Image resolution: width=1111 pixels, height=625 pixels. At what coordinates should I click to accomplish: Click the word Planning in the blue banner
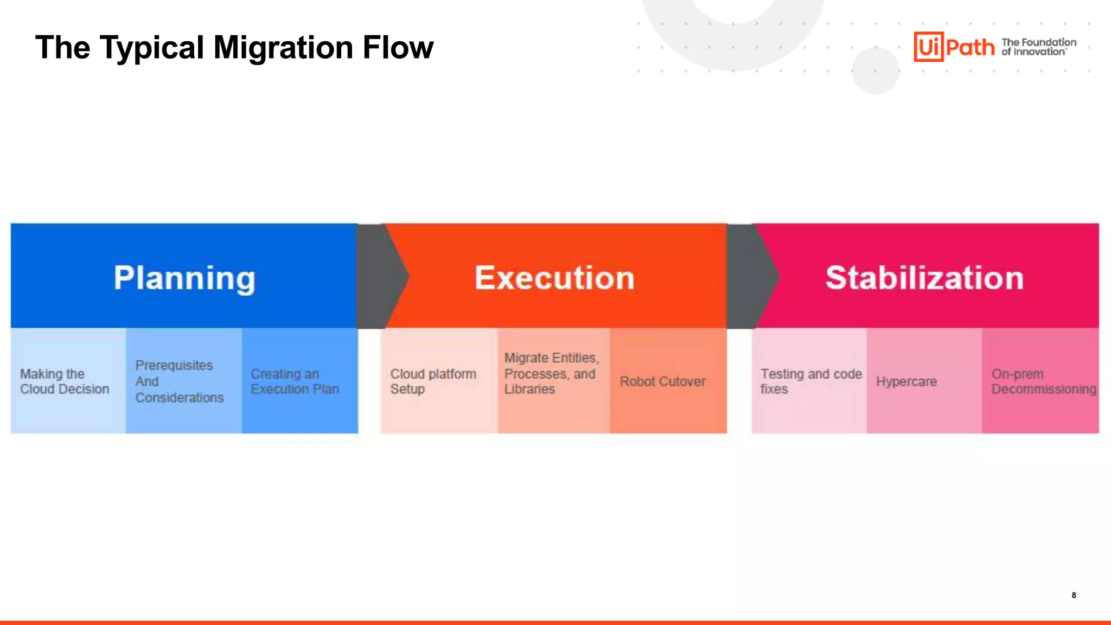tap(184, 278)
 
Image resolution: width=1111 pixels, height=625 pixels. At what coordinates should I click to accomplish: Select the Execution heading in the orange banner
tap(554, 278)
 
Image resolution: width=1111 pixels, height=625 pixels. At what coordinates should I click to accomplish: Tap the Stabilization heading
tap(924, 278)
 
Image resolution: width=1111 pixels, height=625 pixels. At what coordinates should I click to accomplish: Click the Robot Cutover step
tap(663, 381)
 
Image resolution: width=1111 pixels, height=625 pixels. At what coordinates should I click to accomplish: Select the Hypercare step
tap(907, 381)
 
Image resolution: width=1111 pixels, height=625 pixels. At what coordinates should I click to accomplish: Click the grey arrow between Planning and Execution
tap(380, 276)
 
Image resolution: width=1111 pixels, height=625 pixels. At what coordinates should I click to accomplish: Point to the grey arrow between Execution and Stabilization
tap(750, 276)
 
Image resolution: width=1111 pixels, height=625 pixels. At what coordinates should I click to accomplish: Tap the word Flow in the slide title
tap(398, 48)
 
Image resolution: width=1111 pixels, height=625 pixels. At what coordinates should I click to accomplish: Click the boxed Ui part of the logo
tap(929, 47)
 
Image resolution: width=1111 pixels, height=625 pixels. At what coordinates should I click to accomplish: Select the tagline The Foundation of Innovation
tap(1038, 47)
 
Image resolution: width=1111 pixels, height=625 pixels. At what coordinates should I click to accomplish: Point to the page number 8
tap(1074, 595)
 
